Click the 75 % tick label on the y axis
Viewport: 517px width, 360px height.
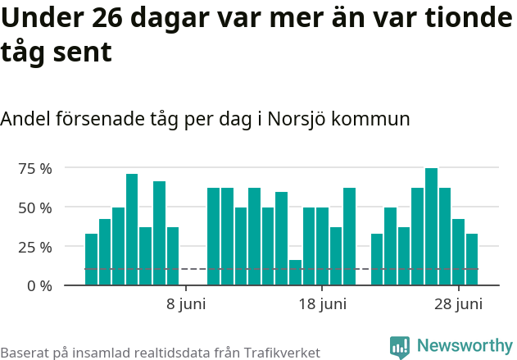click(x=35, y=168)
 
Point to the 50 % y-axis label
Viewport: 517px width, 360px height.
click(x=35, y=207)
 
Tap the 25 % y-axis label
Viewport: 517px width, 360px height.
click(x=35, y=247)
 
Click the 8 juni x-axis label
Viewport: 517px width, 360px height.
click(x=186, y=305)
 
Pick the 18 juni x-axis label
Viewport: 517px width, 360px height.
click(x=322, y=305)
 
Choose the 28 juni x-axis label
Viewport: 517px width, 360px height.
click(x=458, y=305)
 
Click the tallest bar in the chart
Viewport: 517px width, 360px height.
click(x=431, y=227)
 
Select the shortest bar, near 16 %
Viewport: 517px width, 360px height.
click(x=295, y=272)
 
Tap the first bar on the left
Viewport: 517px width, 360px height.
click(x=91, y=259)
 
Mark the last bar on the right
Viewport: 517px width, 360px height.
click(x=472, y=259)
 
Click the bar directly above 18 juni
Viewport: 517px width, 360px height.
click(x=322, y=246)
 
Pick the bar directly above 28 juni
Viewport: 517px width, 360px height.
click(x=458, y=252)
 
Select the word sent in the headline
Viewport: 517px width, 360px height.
click(x=84, y=52)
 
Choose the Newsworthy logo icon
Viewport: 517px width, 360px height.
click(x=400, y=347)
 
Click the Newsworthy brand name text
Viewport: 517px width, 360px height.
click(x=464, y=347)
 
